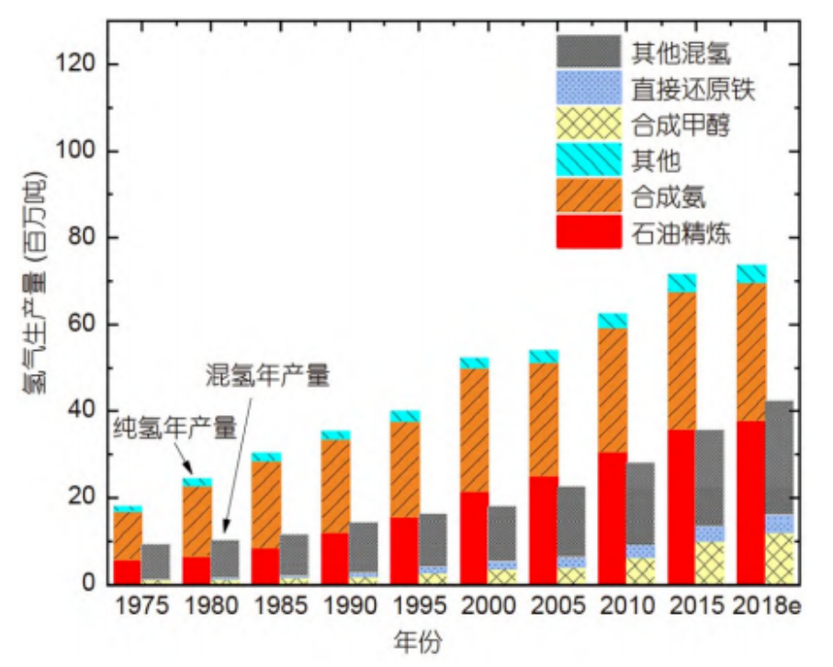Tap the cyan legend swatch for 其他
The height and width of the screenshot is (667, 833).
[589, 161]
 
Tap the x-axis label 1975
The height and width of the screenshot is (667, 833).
[142, 607]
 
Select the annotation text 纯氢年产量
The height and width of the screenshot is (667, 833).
[174, 427]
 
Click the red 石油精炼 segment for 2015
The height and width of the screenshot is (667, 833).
[681, 505]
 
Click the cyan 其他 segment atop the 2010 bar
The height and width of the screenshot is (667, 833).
[613, 321]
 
